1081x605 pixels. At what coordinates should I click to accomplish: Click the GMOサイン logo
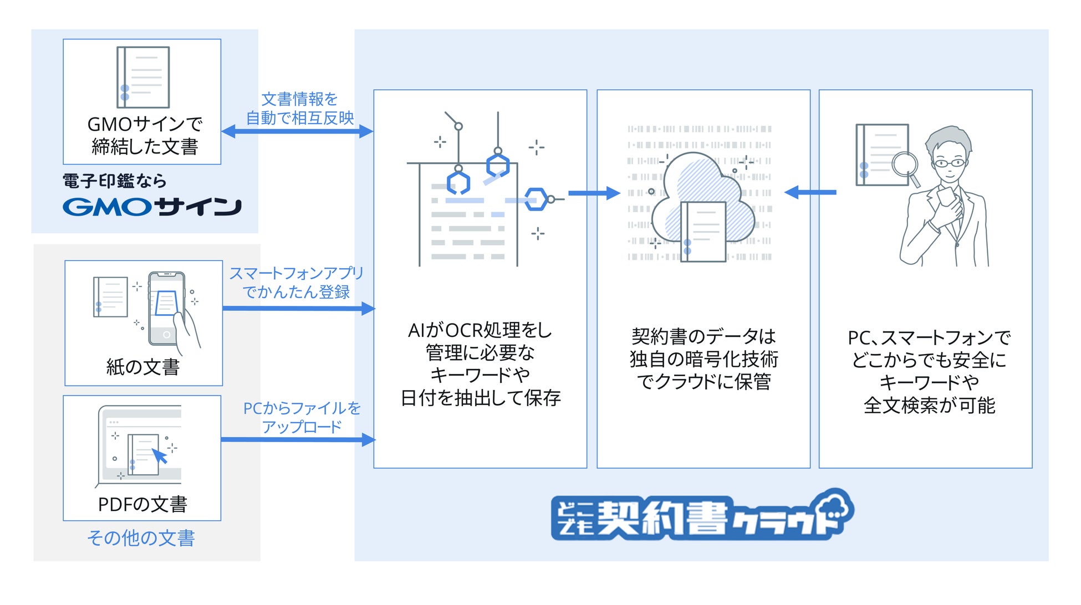pos(152,207)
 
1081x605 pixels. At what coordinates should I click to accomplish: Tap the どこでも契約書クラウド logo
pos(702,515)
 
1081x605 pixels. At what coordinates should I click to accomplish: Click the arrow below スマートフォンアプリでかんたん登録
pos(299,309)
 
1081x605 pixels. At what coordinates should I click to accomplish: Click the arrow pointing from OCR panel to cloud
pos(594,193)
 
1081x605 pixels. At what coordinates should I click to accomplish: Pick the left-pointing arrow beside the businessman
pos(810,192)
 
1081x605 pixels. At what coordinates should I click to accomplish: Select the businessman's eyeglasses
pos(949,163)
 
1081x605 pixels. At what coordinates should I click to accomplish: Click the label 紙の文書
pos(143,367)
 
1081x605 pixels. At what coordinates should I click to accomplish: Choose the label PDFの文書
pos(142,504)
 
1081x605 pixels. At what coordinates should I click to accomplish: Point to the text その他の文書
pos(141,538)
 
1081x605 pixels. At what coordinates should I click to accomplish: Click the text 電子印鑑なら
pos(114,181)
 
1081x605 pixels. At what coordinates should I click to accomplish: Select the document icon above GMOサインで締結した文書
pos(142,77)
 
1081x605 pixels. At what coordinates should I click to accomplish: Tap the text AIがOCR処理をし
pos(480,330)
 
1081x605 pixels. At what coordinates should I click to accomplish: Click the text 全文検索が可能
pos(929,406)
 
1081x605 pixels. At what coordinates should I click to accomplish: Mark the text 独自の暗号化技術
pos(703,359)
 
